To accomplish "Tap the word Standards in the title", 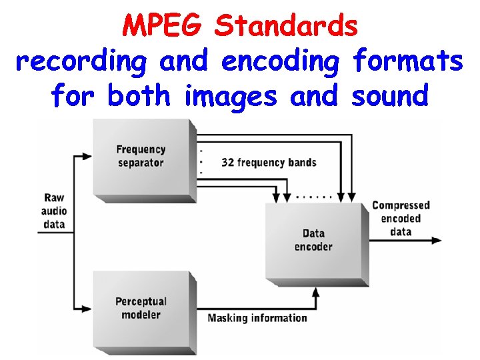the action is click(x=287, y=27).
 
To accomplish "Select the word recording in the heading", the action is click(x=81, y=62).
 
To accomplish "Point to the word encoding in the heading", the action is click(x=282, y=62).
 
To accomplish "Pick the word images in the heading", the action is click(x=231, y=96).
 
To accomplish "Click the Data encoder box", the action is click(x=313, y=240).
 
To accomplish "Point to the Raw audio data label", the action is click(x=55, y=211).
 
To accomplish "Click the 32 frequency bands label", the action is click(x=269, y=163).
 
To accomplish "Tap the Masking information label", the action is click(x=257, y=318).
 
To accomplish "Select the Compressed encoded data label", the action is click(x=401, y=219).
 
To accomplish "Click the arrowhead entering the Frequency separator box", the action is click(x=87, y=157).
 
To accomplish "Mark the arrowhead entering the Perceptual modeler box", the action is click(x=87, y=308).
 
